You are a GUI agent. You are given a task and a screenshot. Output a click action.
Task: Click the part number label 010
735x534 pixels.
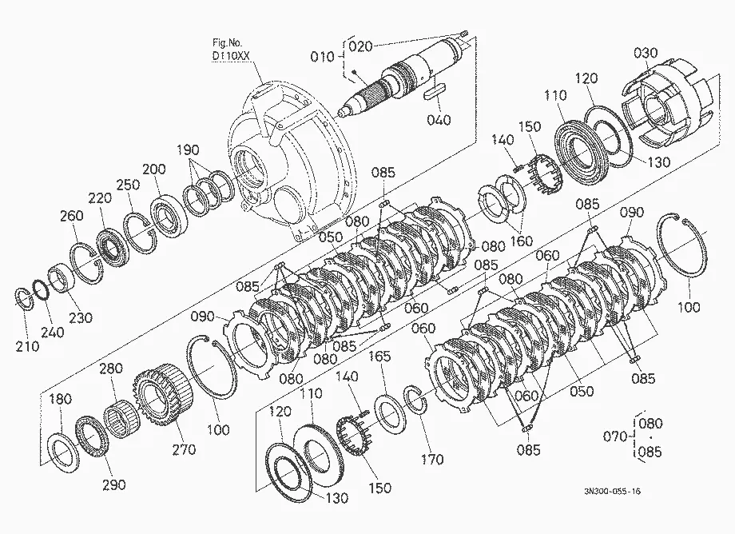323,58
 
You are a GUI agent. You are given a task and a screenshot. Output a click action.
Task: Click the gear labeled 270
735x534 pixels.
164,394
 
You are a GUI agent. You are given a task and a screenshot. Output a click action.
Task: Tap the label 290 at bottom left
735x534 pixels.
114,484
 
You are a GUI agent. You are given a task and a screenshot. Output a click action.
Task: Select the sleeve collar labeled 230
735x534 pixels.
60,280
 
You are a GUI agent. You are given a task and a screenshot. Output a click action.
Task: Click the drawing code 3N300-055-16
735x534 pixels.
612,492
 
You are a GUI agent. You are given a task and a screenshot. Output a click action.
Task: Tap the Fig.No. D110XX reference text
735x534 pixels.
231,50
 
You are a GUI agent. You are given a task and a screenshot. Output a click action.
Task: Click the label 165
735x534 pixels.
379,357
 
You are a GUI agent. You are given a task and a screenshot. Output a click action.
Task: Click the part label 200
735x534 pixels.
153,169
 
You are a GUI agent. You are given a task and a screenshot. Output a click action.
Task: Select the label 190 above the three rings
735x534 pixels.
188,150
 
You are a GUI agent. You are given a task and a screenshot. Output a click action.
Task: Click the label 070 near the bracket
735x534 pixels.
615,436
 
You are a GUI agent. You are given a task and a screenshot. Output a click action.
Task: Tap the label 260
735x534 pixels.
71,216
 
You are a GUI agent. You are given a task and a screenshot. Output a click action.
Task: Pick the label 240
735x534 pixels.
52,332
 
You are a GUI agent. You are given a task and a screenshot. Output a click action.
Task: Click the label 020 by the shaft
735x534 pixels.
361,46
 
